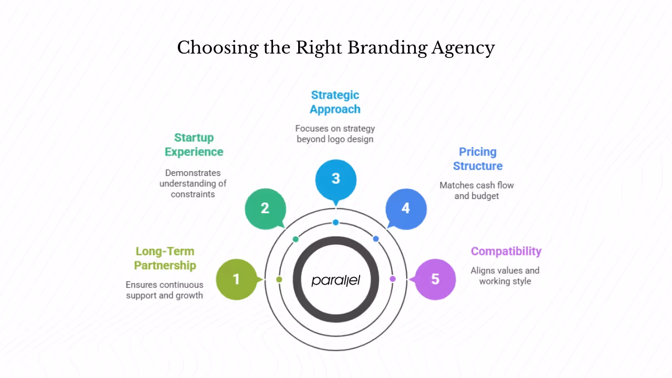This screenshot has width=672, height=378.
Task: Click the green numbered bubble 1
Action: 236,279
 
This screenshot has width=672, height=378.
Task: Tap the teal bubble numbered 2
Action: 265,208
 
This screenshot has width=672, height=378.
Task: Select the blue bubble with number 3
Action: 336,179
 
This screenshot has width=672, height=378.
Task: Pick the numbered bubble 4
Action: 406,208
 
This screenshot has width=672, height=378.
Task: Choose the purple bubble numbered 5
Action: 435,279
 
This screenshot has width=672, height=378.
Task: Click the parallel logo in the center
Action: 336,280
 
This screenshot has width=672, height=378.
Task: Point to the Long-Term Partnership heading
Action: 165,258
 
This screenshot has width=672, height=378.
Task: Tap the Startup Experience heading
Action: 194,145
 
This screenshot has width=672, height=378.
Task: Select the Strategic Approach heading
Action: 335,102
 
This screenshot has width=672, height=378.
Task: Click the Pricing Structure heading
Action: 478,159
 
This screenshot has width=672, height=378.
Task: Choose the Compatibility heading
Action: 506,251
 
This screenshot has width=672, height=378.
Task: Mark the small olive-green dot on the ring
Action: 279,279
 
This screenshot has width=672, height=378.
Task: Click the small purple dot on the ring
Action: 393,279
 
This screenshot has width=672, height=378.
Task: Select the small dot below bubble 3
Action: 335,223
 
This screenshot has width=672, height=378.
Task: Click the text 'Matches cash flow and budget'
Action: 477,191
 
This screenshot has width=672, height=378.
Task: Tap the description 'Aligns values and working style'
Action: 505,276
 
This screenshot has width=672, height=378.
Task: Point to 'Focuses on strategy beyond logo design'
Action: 335,134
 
